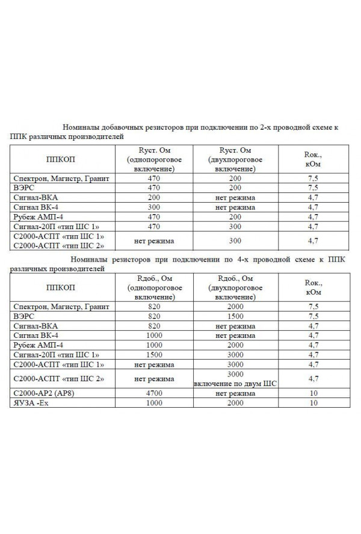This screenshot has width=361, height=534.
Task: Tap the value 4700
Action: point(154,393)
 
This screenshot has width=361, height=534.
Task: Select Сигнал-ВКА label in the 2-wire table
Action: point(35,197)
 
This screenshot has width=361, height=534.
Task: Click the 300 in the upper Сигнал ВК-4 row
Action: point(154,207)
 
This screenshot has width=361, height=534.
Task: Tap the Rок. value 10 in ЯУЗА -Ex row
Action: point(313,403)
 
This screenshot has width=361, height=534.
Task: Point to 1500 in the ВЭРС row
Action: point(235,316)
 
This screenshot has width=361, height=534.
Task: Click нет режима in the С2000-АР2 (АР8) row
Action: point(235,393)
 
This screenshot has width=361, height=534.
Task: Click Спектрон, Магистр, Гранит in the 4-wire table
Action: point(61,307)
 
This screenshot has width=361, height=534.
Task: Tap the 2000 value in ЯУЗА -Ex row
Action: point(235,403)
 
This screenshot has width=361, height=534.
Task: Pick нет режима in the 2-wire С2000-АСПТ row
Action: point(154,241)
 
